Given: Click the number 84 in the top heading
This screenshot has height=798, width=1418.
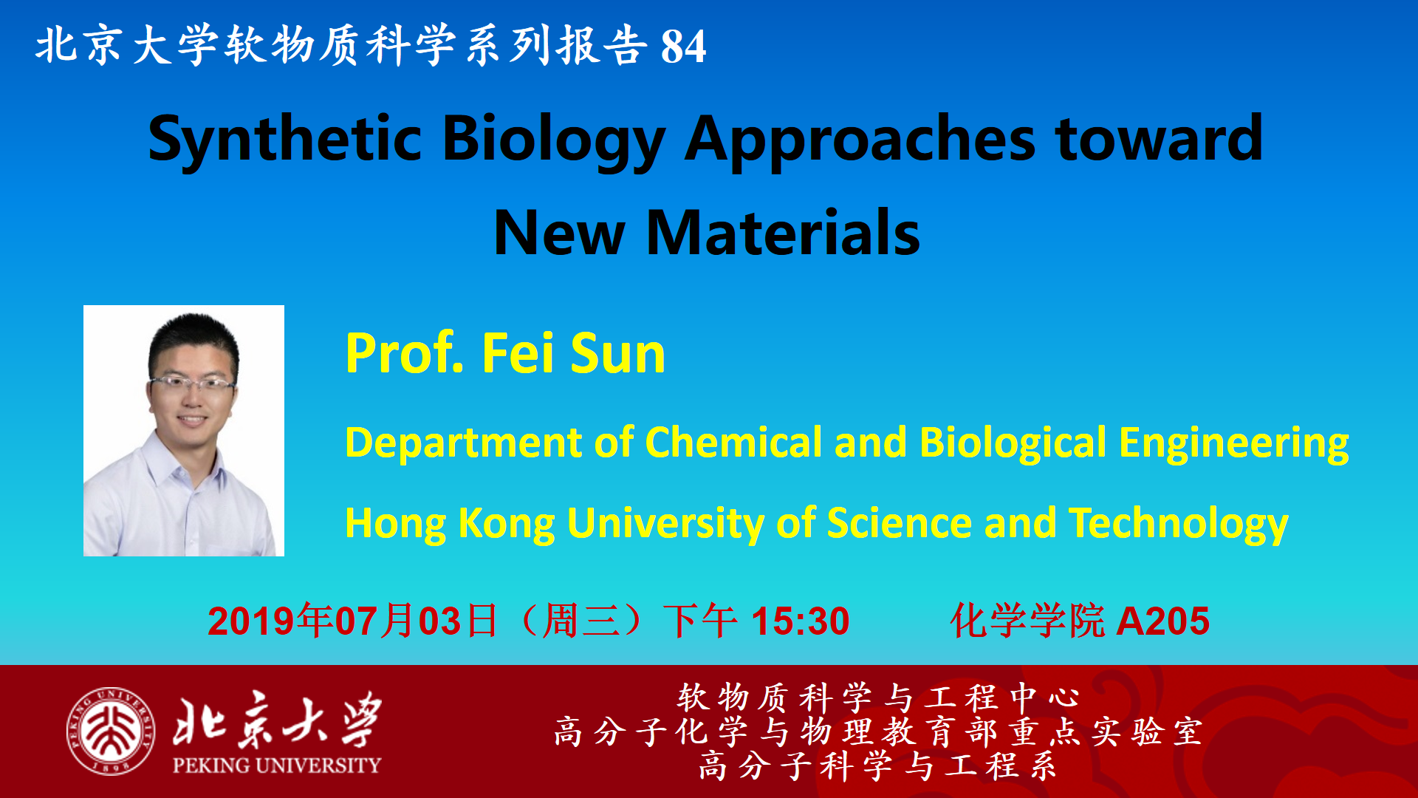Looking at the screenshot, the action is pos(683,47).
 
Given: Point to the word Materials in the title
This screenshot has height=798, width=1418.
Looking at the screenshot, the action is pos(783,233).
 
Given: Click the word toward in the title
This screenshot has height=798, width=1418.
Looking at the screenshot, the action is pos(1160,138).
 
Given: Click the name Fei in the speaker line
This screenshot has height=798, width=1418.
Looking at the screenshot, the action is pos(518,353).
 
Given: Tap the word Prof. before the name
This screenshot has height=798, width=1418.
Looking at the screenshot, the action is pos(405,353).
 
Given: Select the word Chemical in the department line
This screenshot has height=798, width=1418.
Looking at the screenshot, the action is pos(733,443).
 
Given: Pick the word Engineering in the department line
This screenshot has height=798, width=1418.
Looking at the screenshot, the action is pos(1233,444).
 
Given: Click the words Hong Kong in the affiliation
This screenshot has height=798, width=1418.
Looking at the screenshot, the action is pos(450,525).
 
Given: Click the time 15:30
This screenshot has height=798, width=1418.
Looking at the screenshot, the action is pos(801,621).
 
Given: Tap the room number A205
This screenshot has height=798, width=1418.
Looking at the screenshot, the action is pos(1162,621).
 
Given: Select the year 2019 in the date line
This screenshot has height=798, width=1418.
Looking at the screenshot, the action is pos(251,621).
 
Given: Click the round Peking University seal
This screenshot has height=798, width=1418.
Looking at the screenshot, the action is pos(111,731).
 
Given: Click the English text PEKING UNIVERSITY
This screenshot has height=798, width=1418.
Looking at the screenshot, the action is pos(277,765).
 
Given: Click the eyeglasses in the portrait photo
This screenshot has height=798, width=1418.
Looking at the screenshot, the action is pos(192,383).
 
